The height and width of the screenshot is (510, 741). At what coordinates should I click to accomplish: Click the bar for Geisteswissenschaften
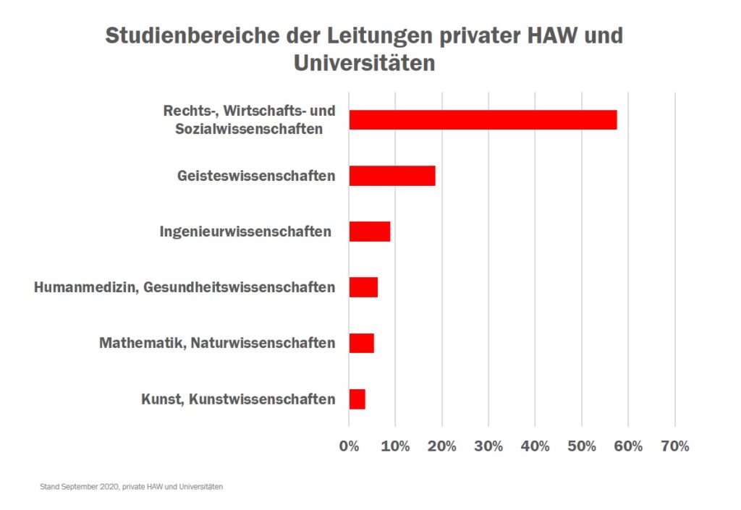click(x=392, y=176)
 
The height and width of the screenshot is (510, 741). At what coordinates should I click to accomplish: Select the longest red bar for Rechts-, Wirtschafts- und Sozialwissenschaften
click(x=483, y=120)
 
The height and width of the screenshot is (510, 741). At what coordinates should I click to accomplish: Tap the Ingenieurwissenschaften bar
click(x=370, y=231)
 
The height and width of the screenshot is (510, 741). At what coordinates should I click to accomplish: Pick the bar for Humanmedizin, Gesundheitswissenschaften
click(x=363, y=287)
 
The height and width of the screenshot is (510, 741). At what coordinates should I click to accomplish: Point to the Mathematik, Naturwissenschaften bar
click(x=362, y=343)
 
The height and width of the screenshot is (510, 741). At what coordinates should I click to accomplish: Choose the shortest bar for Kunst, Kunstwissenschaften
click(x=357, y=399)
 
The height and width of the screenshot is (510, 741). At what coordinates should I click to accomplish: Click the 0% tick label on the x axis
click(x=350, y=446)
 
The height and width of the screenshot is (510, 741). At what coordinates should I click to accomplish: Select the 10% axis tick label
click(x=395, y=446)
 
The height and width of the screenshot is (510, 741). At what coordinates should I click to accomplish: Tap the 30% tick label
click(x=488, y=446)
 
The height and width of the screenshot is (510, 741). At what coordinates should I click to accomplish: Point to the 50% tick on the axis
click(x=581, y=446)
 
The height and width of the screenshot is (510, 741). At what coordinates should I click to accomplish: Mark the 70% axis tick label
click(x=674, y=446)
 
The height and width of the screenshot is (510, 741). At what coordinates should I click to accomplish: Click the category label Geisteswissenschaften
click(x=256, y=176)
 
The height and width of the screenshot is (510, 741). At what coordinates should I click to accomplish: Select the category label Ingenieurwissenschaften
click(x=245, y=232)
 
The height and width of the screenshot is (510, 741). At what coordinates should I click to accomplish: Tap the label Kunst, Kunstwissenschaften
click(x=238, y=399)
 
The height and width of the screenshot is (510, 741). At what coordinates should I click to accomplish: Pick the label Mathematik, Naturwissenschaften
click(x=217, y=343)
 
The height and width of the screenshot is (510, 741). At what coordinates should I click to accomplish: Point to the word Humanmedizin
click(x=86, y=288)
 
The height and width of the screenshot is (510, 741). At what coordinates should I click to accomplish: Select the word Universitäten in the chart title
click(x=364, y=63)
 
